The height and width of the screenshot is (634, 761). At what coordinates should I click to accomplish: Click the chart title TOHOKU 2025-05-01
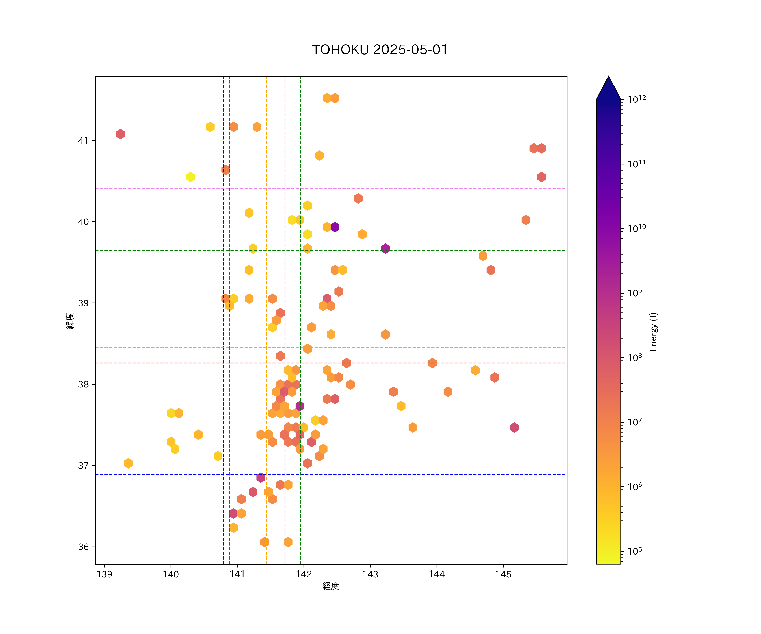click(x=380, y=50)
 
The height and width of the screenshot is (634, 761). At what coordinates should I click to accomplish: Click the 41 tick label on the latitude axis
click(x=83, y=141)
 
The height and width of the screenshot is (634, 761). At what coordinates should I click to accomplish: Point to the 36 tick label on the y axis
click(x=83, y=547)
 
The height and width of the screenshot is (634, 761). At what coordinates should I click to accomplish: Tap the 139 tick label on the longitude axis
click(x=104, y=574)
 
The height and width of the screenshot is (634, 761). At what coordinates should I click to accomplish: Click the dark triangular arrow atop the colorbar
click(x=608, y=89)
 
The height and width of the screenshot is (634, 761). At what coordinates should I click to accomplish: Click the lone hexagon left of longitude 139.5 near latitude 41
click(x=120, y=134)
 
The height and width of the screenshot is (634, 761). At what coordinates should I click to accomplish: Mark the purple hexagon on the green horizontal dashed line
click(x=385, y=249)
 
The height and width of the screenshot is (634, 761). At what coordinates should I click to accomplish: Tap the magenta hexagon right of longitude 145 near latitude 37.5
click(x=514, y=428)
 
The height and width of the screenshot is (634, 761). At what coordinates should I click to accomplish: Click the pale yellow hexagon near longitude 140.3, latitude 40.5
click(x=191, y=177)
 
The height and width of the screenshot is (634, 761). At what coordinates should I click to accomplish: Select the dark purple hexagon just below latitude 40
click(x=335, y=227)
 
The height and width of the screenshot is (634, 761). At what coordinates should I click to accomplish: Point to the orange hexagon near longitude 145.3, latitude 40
click(x=526, y=220)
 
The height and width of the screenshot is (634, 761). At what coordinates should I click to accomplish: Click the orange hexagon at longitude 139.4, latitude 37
click(x=128, y=463)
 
